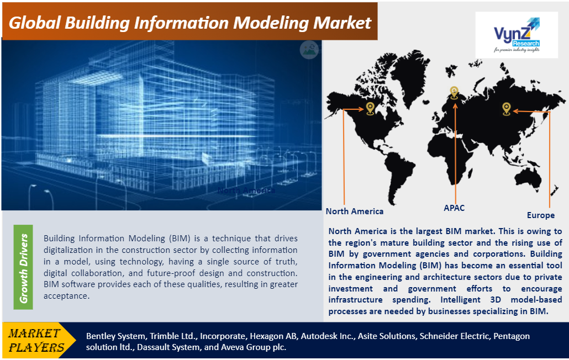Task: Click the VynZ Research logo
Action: [x=517, y=35]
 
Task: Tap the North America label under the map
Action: [x=355, y=211]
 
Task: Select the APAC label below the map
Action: [x=454, y=208]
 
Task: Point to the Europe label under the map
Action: [x=541, y=215]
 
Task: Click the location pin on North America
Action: [x=370, y=109]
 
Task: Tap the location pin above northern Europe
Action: [x=454, y=93]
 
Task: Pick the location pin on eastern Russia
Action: [x=507, y=109]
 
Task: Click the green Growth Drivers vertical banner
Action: [x=23, y=267]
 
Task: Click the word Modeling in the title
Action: [x=271, y=23]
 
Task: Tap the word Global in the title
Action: [x=34, y=23]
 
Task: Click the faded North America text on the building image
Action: [x=246, y=190]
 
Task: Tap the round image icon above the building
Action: [x=309, y=50]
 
